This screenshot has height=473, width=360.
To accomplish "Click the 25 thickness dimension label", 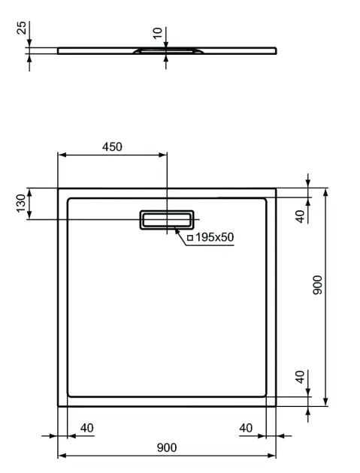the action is (x=22, y=28).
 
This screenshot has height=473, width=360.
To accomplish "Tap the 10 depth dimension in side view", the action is (x=158, y=33).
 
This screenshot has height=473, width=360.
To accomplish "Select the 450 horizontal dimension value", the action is (x=112, y=147).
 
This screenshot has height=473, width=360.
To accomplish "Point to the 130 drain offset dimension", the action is (x=21, y=203).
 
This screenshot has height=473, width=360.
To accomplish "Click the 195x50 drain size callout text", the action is (x=214, y=237).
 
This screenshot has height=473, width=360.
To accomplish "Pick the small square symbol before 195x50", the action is (x=190, y=238).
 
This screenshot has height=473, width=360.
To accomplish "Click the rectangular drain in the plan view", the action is (x=167, y=220).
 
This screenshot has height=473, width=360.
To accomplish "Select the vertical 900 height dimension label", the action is (x=317, y=285).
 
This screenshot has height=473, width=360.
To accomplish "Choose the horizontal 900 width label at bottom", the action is (x=167, y=447).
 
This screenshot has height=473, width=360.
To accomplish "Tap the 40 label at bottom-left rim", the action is (x=87, y=428).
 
